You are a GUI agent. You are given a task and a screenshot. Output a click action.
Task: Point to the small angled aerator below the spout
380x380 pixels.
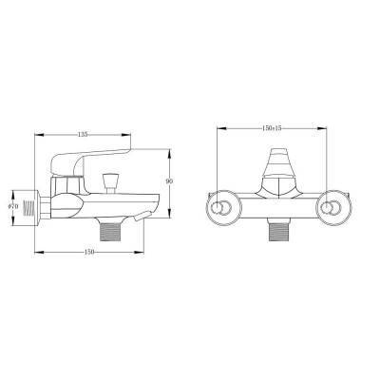[x=139, y=218]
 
